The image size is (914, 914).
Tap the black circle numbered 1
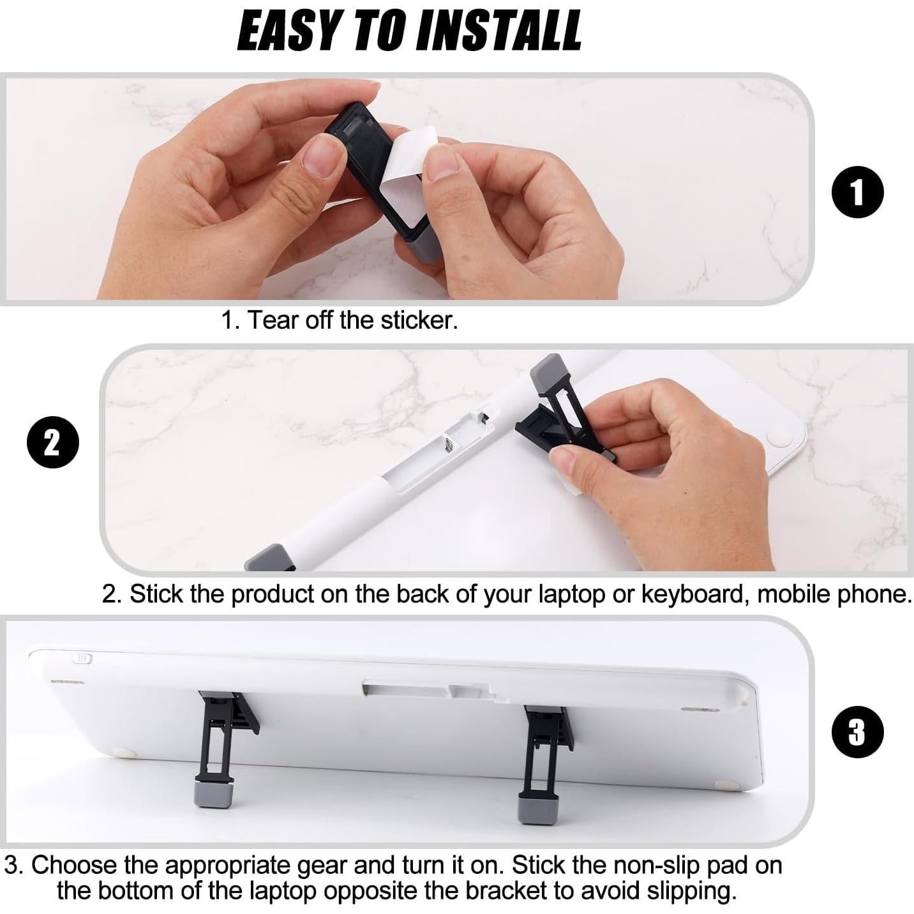pyautogui.click(x=857, y=192)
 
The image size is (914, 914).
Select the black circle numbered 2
pyautogui.click(x=53, y=442)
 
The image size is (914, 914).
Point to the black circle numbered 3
pyautogui.click(x=857, y=731)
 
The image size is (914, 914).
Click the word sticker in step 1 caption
pyautogui.click(x=419, y=320)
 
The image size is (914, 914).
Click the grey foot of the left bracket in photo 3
pyautogui.click(x=212, y=795)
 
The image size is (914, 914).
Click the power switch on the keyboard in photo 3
pyautogui.click(x=84, y=658)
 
